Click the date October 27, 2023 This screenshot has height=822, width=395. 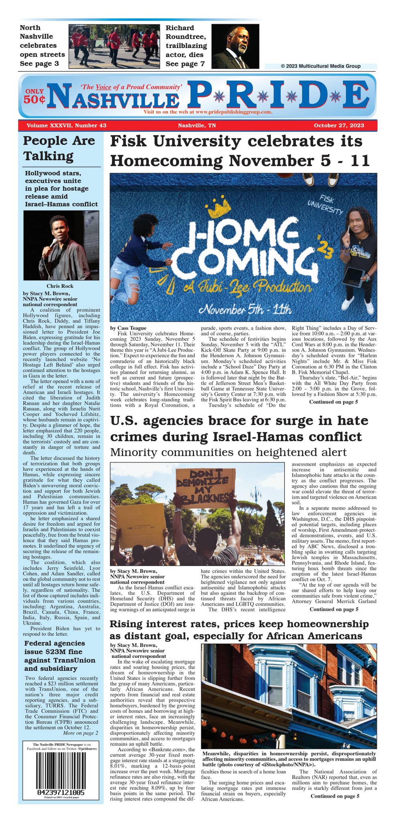339,125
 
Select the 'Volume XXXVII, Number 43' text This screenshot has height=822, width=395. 66,125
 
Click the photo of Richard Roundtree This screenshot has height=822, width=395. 235,46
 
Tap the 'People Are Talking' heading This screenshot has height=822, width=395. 59,148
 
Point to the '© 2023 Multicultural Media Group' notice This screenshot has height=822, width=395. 320,66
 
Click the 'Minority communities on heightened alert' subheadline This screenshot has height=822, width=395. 228,452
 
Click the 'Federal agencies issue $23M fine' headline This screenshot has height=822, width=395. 59,655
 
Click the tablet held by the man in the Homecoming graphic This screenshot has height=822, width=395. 353,277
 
